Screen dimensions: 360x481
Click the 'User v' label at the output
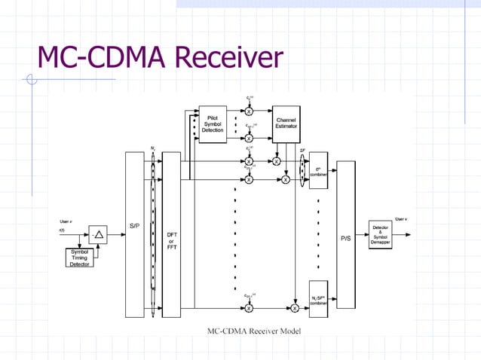[402, 218]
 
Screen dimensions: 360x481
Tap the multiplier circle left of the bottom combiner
[295, 307]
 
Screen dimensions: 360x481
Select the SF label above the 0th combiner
[302, 150]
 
